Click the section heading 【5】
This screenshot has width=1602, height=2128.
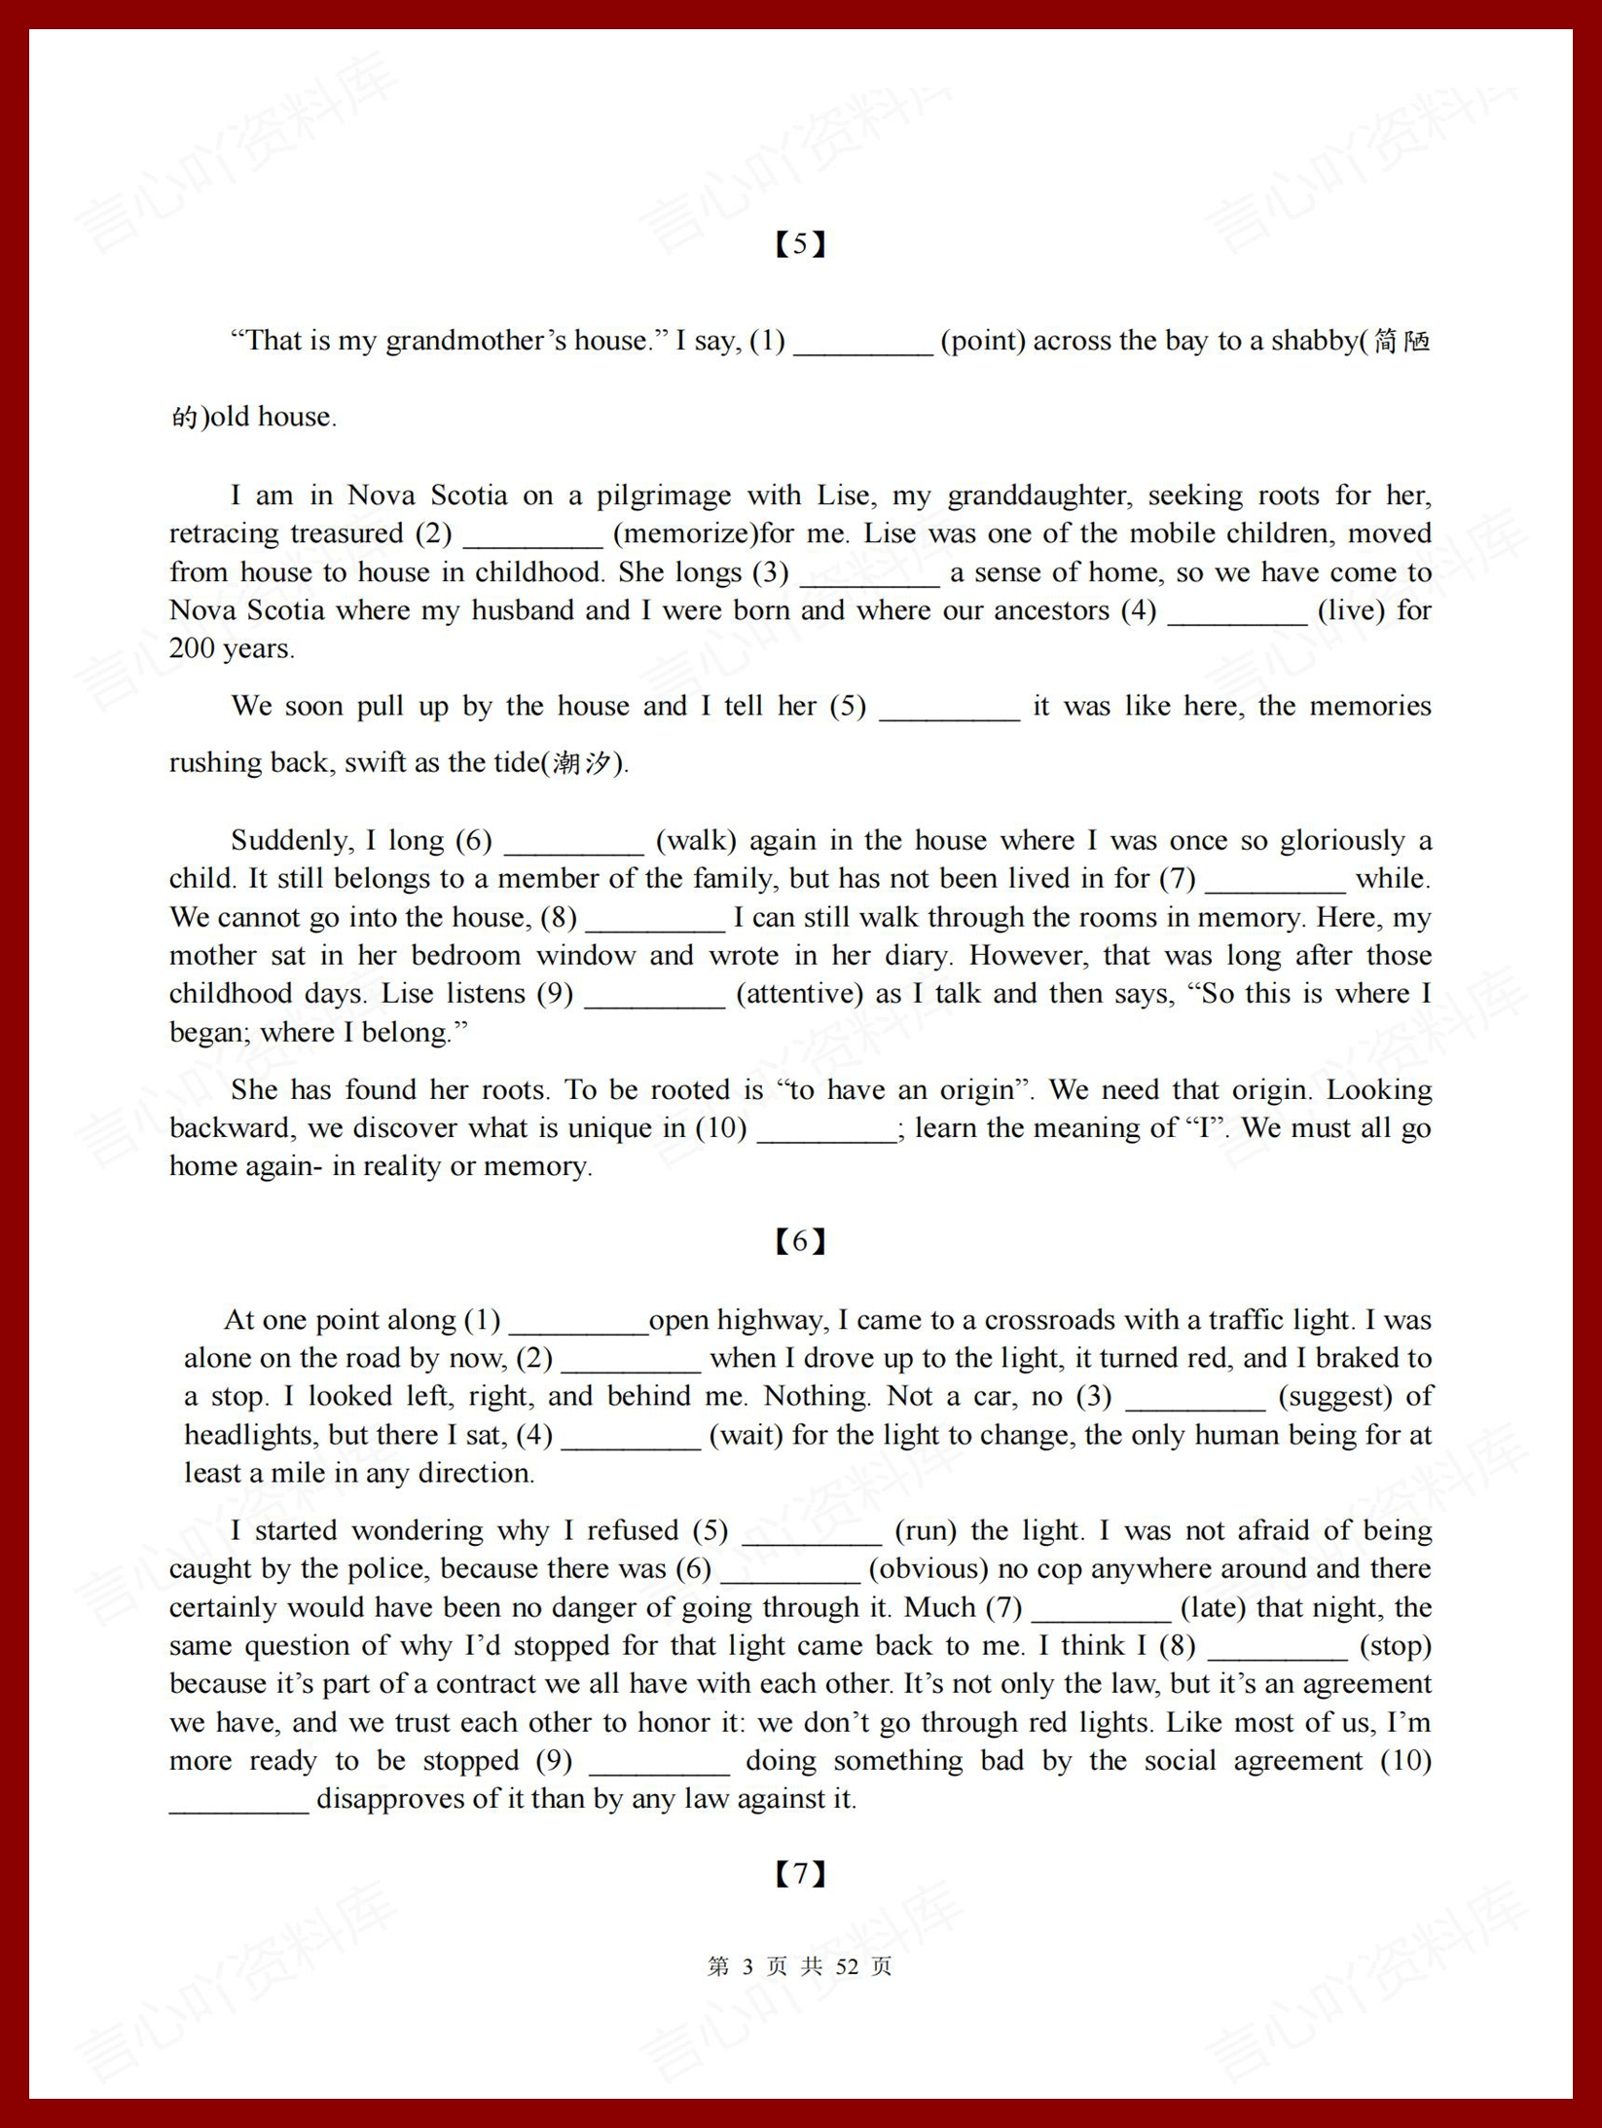tap(800, 243)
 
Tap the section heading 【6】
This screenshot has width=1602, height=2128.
tap(800, 1240)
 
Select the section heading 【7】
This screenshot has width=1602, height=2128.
tap(800, 1873)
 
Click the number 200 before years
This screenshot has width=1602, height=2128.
tap(192, 648)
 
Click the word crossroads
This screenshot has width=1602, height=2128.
tap(1049, 1320)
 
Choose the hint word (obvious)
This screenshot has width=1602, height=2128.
tap(928, 1569)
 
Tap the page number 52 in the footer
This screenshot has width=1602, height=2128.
tap(847, 1966)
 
